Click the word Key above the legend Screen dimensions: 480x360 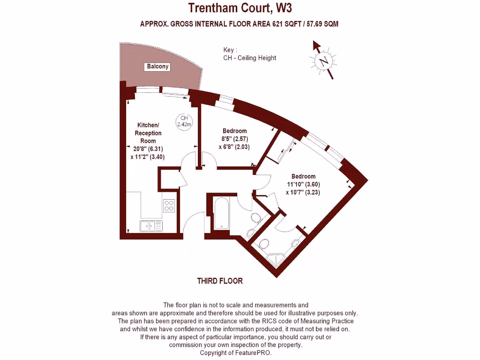tap(229, 50)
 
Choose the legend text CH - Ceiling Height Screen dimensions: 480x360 tap(250, 58)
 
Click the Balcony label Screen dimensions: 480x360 tap(157, 67)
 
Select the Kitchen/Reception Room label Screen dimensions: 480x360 tap(148, 133)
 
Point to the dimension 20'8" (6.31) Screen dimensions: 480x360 tap(148, 149)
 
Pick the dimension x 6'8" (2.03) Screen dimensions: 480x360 tap(234, 147)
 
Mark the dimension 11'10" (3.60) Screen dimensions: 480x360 tap(303, 184)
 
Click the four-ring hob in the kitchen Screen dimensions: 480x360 tap(169, 206)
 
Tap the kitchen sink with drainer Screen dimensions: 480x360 tap(150, 225)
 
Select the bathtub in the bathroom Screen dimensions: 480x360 tap(221, 213)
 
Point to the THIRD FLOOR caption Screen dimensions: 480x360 tap(220, 281)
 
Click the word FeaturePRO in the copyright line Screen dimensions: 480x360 tap(255, 352)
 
